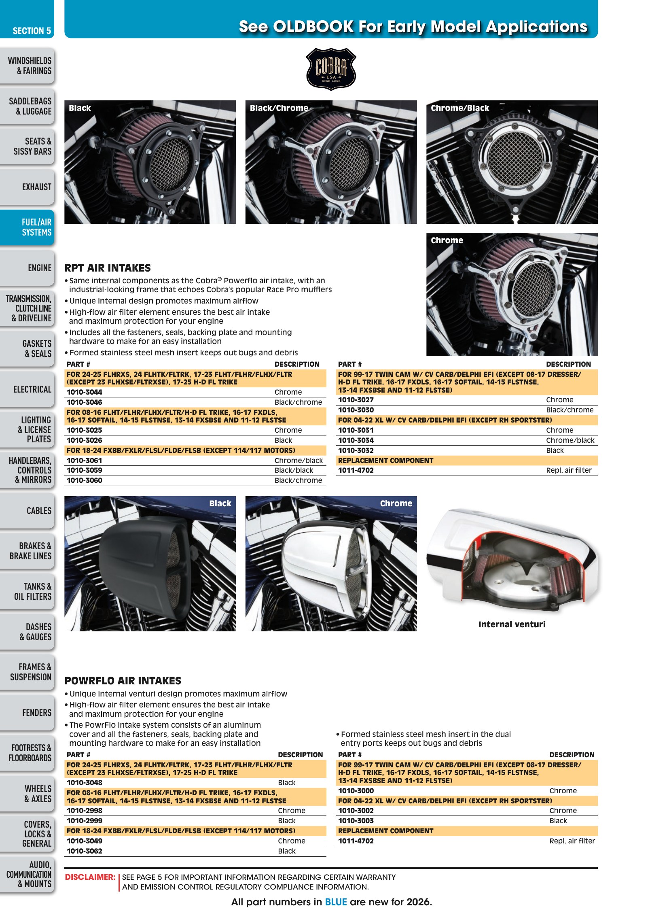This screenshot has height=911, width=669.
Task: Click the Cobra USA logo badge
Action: [331, 69]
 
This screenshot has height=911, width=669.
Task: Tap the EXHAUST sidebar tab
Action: [27, 187]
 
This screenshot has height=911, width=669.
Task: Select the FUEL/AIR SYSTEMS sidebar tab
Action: [27, 227]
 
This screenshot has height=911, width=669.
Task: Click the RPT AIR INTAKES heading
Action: [108, 268]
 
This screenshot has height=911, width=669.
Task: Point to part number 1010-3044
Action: [85, 392]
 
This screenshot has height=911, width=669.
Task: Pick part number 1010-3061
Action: [85, 461]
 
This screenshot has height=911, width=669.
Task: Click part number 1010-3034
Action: [356, 440]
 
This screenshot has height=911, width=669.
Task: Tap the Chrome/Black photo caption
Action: [459, 108]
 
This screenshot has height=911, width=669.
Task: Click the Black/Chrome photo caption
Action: [279, 108]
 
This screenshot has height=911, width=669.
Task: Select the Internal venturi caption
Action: [512, 624]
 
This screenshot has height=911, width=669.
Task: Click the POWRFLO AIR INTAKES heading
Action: [123, 681]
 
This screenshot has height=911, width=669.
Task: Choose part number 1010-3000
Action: [356, 791]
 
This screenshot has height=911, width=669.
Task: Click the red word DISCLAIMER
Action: [90, 877]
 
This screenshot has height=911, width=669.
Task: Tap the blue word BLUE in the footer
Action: [336, 902]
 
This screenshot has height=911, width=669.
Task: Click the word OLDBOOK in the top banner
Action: [313, 27]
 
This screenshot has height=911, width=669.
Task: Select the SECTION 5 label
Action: [32, 31]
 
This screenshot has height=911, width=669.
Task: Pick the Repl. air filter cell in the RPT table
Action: [569, 470]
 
